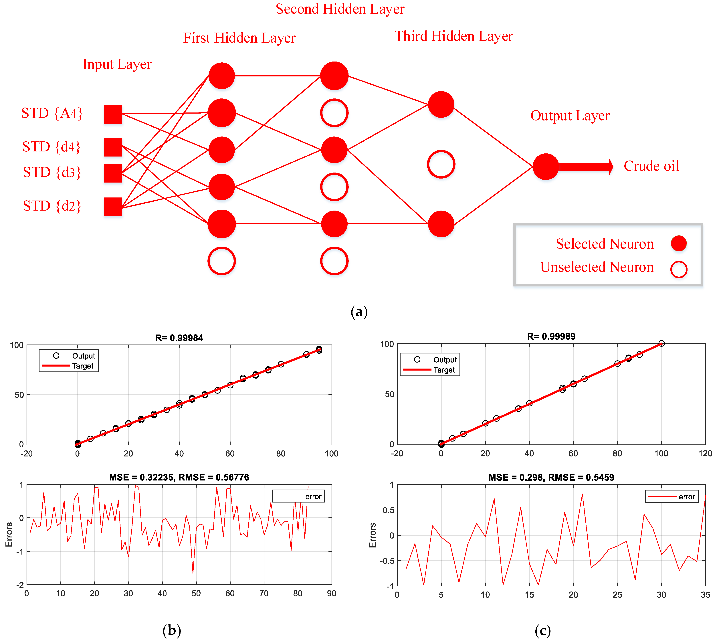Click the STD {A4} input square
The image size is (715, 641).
point(113,114)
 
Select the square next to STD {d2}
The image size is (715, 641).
point(113,206)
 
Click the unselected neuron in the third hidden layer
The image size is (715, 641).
point(441,164)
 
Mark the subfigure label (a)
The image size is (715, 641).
point(359,312)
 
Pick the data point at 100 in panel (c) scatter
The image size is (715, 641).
point(661,343)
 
